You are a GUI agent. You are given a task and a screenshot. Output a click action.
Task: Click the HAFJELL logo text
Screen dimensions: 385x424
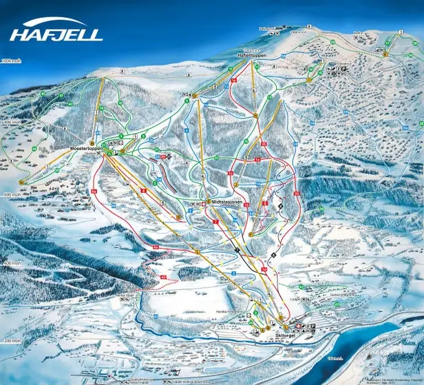56,32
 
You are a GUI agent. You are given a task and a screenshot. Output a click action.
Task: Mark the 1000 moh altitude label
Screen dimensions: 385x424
13,62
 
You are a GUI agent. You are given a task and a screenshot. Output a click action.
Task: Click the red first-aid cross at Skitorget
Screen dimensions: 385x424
298,326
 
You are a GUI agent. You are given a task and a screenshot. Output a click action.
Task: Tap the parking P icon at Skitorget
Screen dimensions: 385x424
314,326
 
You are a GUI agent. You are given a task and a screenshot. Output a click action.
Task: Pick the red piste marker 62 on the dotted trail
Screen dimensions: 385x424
163,277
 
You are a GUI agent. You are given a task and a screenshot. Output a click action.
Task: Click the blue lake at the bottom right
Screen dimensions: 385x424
385,351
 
